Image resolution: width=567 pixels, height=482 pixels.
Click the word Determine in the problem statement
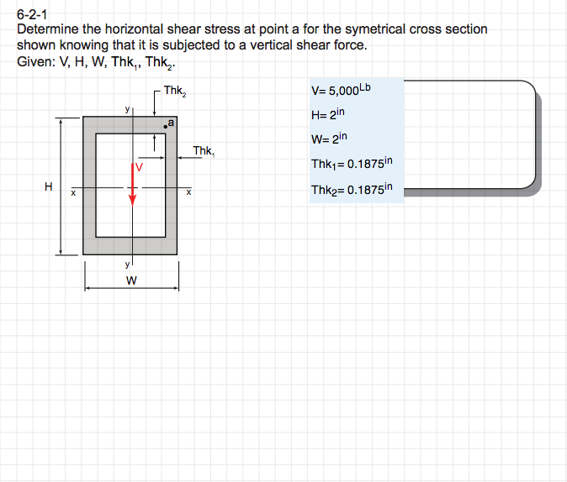coord(47,29)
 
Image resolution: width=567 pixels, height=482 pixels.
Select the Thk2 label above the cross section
coord(175,91)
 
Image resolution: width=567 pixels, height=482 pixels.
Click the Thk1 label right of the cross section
coord(204,151)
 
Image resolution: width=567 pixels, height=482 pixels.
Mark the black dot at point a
coord(166,128)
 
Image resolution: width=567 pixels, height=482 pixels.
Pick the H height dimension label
coord(50,186)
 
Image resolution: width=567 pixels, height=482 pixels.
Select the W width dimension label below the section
coord(131,280)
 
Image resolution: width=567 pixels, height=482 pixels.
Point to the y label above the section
coord(127,109)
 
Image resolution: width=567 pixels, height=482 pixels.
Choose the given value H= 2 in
coord(328,115)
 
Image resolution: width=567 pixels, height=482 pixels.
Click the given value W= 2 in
coord(329,139)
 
